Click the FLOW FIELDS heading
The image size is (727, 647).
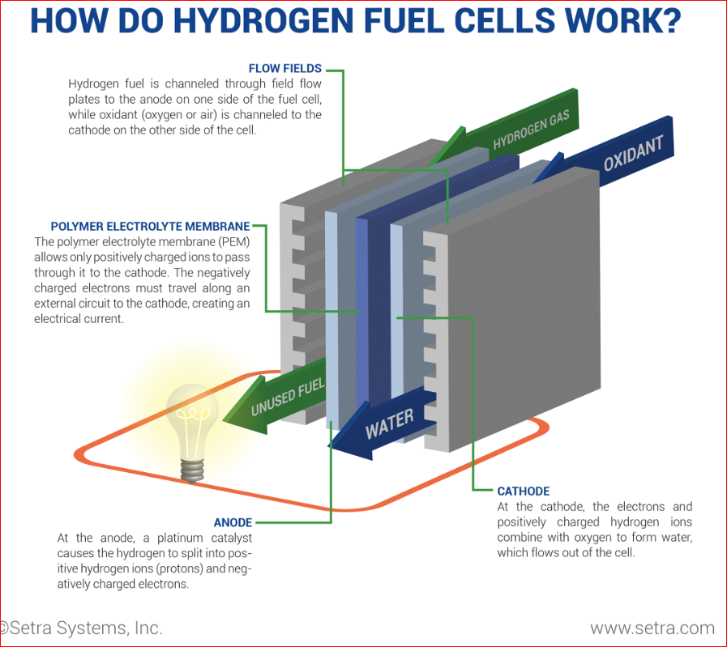click(284, 69)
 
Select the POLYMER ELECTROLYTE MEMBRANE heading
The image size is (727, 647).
click(150, 227)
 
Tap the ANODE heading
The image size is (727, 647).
click(233, 522)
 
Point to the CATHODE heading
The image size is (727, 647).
click(524, 492)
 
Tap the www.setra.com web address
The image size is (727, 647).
click(652, 628)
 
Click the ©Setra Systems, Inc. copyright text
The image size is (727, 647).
click(81, 628)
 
